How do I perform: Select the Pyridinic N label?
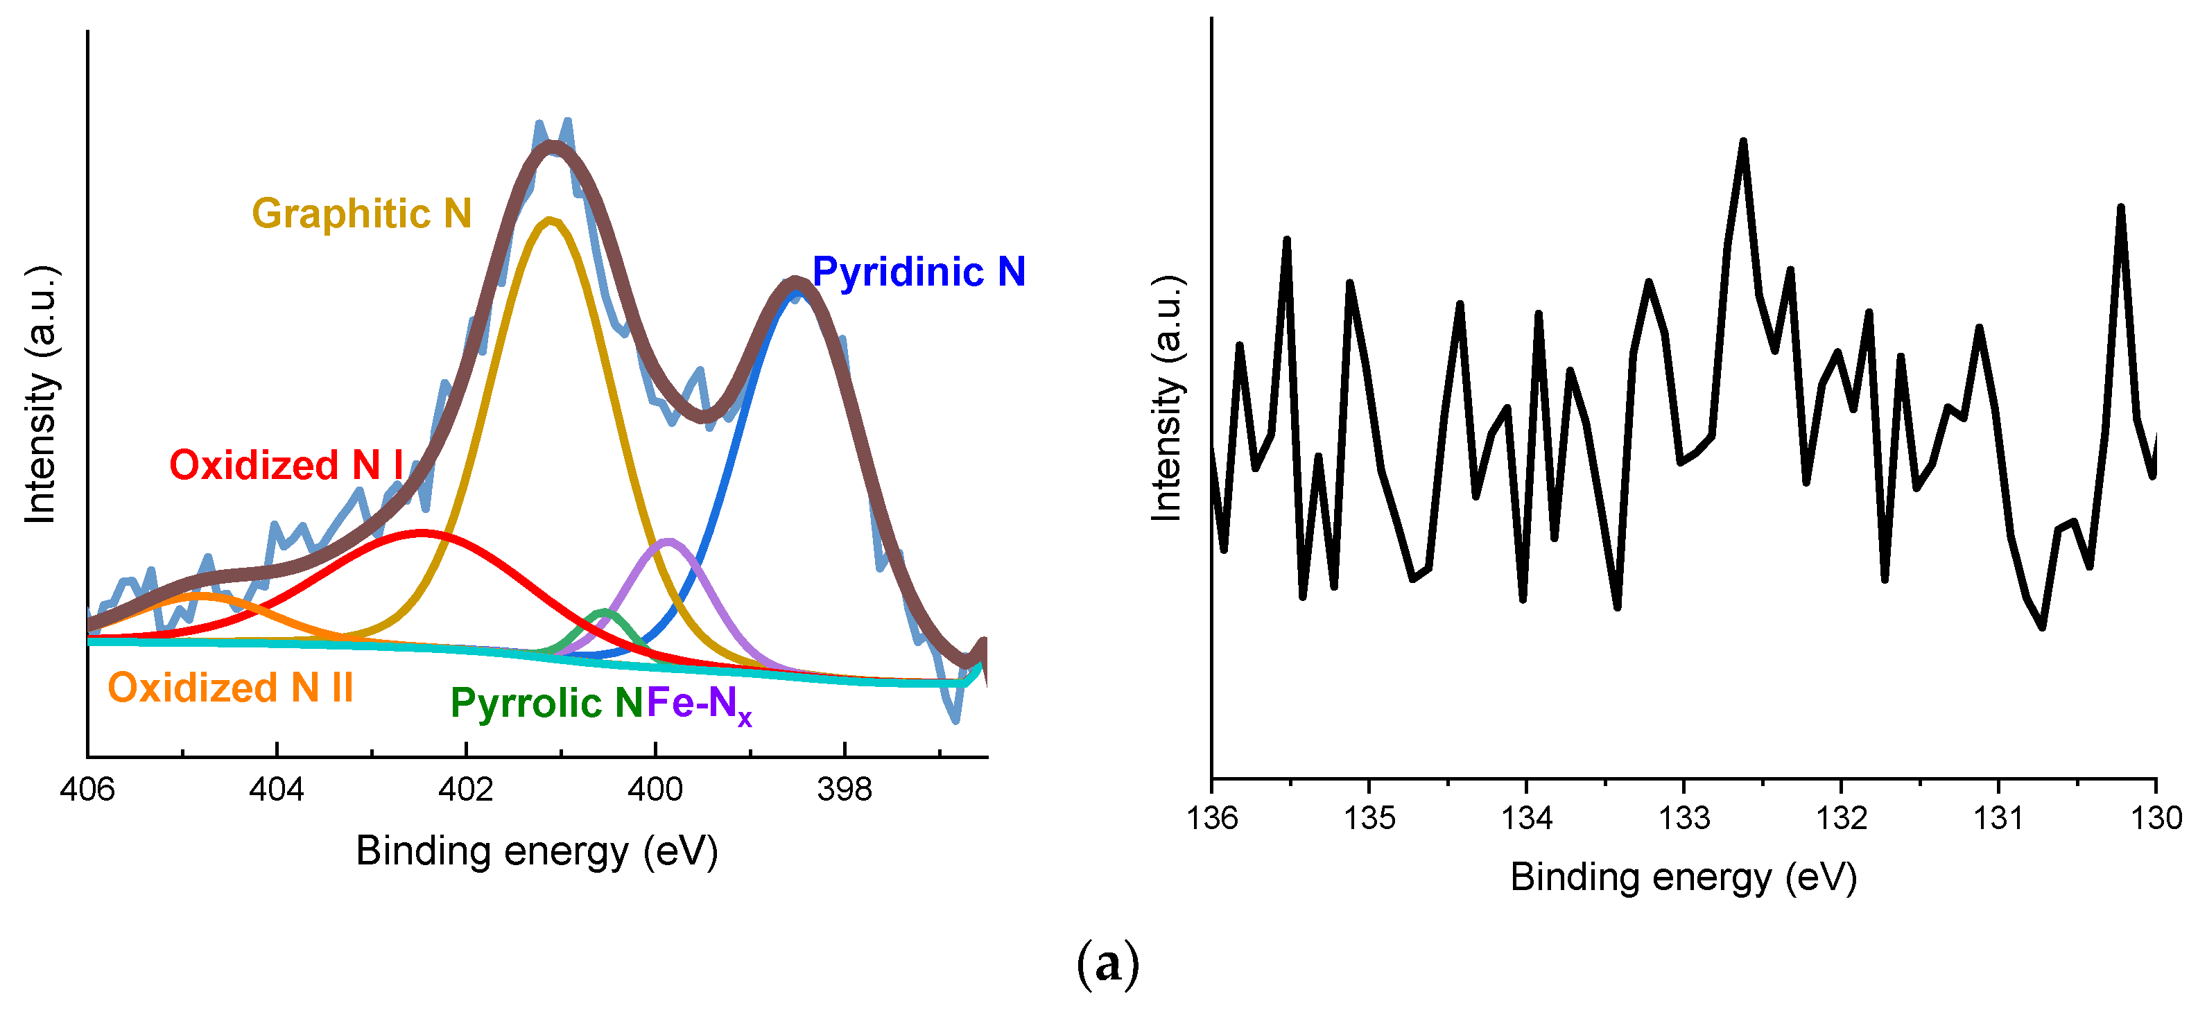pyautogui.click(x=919, y=272)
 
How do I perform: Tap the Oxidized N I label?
pyautogui.click(x=285, y=465)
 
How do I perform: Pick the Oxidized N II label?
pyautogui.click(x=230, y=688)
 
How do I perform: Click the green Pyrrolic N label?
pyautogui.click(x=546, y=704)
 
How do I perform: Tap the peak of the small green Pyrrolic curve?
pyautogui.click(x=605, y=611)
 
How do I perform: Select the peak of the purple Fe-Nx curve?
pyautogui.click(x=669, y=541)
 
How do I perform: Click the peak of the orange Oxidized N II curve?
pyautogui.click(x=200, y=593)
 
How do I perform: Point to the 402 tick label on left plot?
pyautogui.click(x=465, y=789)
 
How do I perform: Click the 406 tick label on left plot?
pyautogui.click(x=87, y=789)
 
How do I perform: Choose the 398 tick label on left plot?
pyautogui.click(x=844, y=789)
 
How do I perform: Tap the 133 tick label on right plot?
pyautogui.click(x=1684, y=818)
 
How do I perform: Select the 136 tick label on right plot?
pyautogui.click(x=1212, y=818)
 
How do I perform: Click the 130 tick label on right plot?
pyautogui.click(x=2156, y=818)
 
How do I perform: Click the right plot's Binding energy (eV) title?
pyautogui.click(x=1684, y=877)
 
